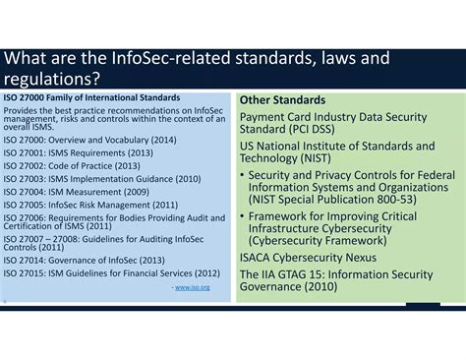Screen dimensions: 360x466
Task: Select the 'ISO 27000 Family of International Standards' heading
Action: coord(91,97)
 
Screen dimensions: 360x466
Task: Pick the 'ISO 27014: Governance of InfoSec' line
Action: coord(81,260)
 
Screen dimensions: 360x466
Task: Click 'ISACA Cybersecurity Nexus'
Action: coord(306,259)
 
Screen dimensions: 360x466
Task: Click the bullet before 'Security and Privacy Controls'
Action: coord(243,175)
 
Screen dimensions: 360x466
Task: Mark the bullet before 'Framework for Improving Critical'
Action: coord(243,215)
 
